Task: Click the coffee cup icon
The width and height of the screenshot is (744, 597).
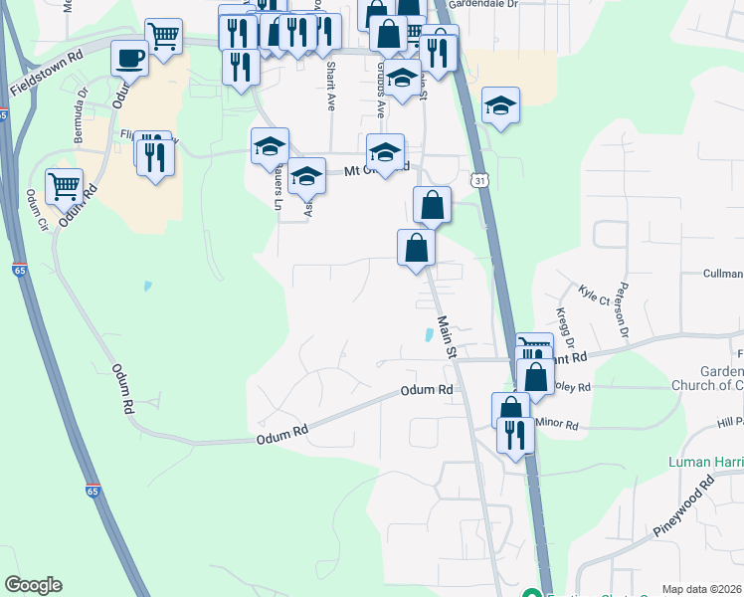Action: (x=129, y=59)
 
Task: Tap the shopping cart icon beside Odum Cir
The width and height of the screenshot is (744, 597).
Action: (x=64, y=185)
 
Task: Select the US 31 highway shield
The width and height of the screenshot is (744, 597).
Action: (x=480, y=180)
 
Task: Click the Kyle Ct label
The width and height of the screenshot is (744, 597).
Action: (x=593, y=295)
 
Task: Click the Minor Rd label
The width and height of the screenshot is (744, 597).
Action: (x=556, y=424)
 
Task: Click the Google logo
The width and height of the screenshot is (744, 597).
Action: (x=33, y=585)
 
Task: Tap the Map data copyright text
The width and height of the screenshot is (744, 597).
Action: (x=701, y=589)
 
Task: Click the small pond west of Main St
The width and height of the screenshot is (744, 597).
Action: (x=430, y=335)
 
